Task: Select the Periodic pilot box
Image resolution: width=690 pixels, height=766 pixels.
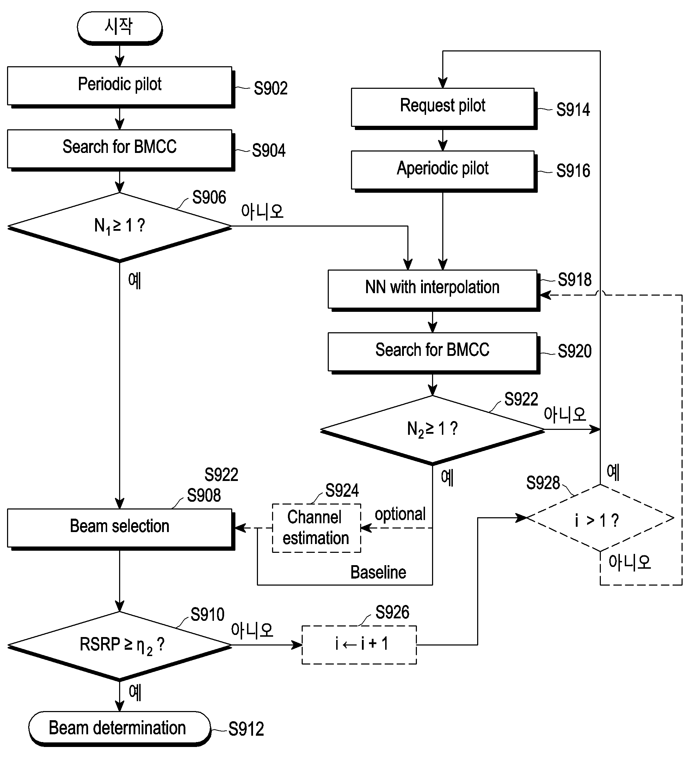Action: tap(121, 87)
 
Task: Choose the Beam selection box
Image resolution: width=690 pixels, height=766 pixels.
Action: tap(121, 529)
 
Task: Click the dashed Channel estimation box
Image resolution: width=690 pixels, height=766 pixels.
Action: tap(316, 528)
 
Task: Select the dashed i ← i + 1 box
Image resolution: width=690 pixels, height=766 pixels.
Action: tap(359, 645)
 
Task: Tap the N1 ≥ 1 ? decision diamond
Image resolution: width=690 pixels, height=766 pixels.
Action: tap(119, 227)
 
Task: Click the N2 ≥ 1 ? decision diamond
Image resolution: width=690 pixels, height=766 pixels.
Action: tap(433, 430)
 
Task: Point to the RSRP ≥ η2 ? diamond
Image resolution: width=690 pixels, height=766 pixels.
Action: tap(119, 646)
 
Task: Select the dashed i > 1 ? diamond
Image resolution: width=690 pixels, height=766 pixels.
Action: tap(600, 518)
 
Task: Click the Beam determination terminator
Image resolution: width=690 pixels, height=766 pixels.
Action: tap(119, 729)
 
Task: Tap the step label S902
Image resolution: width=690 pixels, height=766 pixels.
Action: tap(271, 88)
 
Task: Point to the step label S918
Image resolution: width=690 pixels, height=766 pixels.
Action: tap(575, 280)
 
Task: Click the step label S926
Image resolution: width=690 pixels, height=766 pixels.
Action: tap(392, 612)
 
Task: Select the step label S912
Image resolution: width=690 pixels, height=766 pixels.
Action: tap(246, 729)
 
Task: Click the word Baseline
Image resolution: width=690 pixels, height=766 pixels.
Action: tap(378, 572)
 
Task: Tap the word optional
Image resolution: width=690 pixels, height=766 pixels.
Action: tap(400, 514)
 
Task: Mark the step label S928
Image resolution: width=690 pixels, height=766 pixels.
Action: tap(543, 483)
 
